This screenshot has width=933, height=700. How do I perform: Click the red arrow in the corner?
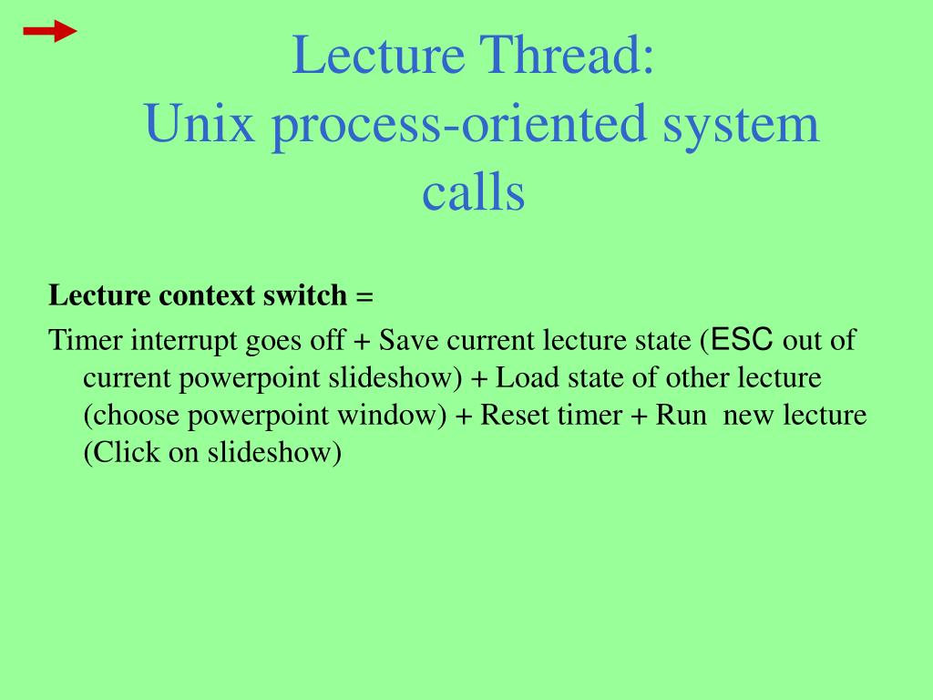click(50, 33)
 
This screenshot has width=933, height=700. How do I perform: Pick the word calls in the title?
click(473, 192)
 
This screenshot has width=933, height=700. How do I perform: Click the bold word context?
click(210, 296)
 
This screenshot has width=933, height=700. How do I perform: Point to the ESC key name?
click(743, 341)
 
